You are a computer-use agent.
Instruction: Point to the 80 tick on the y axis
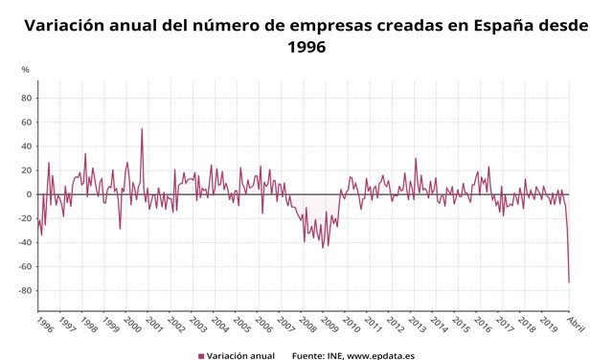pos(27,98)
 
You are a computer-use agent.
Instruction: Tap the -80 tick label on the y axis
pos(24,291)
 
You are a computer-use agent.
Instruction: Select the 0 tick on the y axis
pos(30,194)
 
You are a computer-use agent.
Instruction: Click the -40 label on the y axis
pos(24,243)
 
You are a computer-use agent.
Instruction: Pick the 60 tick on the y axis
pos(27,123)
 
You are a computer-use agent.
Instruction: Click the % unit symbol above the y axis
pos(26,69)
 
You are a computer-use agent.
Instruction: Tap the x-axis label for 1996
pos(44,324)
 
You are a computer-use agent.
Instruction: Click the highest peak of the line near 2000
pos(142,129)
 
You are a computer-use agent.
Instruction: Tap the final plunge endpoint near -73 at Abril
pos(569,281)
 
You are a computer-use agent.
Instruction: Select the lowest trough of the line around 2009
pos(322,248)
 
